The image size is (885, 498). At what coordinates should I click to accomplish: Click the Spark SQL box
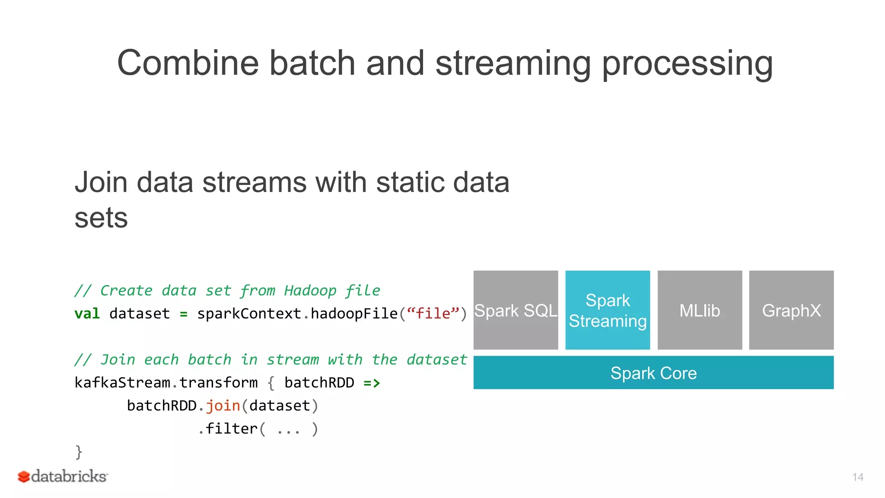click(x=516, y=310)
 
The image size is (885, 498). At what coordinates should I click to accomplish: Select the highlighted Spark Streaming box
click(x=608, y=310)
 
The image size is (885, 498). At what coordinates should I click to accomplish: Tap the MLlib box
click(x=700, y=310)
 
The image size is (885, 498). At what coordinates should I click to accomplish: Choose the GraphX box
click(x=791, y=310)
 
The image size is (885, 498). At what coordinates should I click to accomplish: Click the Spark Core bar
click(x=653, y=373)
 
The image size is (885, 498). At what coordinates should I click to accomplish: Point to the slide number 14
click(x=858, y=477)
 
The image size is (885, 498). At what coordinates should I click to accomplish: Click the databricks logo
click(x=63, y=476)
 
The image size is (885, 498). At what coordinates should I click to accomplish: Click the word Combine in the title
click(x=188, y=63)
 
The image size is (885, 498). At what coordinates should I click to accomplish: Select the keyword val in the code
click(x=87, y=313)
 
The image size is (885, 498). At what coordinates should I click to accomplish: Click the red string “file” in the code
click(x=433, y=313)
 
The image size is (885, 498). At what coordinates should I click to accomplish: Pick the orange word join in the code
click(x=223, y=406)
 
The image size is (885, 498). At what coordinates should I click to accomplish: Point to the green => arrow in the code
click(x=372, y=383)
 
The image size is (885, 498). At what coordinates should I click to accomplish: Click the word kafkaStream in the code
click(x=122, y=383)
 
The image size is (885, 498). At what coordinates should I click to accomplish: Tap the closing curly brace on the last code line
click(x=79, y=452)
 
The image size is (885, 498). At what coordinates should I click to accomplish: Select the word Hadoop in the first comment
click(x=310, y=290)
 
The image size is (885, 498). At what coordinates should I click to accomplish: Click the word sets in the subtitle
click(x=101, y=217)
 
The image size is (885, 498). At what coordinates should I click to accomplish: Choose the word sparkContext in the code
click(x=249, y=313)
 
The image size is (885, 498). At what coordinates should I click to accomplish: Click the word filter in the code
click(x=232, y=429)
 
